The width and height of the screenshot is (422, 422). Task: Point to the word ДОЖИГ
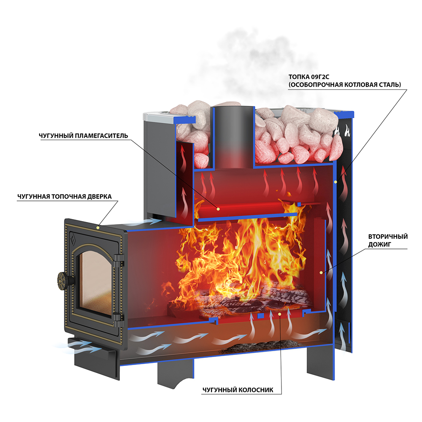tap(395, 244)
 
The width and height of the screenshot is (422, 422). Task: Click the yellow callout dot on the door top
tap(98, 227)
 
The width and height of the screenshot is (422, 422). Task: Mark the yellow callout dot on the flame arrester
tap(218, 208)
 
